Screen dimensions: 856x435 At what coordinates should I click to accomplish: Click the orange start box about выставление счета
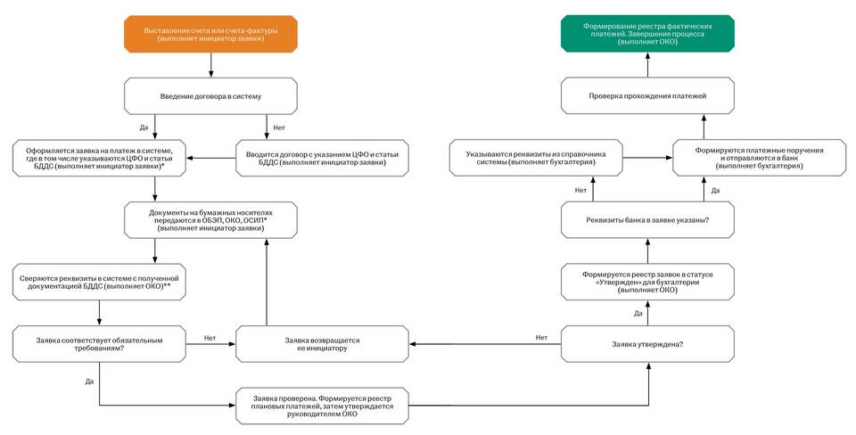pos(210,35)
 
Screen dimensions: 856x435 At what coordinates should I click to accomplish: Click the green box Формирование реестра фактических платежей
pos(647,34)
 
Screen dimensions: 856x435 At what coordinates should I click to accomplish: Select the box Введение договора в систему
pos(210,96)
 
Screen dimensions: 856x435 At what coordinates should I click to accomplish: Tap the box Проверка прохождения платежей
pos(647,95)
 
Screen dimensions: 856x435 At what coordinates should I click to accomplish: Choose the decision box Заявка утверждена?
pos(647,344)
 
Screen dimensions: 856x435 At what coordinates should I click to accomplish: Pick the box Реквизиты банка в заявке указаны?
pos(647,220)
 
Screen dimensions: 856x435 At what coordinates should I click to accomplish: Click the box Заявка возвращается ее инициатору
pos(322,344)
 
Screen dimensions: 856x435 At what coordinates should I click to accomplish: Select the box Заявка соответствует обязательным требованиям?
pos(99,344)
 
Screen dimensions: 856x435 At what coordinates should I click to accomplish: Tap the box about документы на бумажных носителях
pos(210,220)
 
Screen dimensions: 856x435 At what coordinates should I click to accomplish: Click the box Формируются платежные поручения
pos(760,158)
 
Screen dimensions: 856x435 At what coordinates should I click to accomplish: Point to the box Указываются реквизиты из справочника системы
pos(536,158)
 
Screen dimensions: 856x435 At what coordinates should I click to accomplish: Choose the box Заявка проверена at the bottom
pos(322,406)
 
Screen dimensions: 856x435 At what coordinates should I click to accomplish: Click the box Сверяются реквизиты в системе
pos(99,282)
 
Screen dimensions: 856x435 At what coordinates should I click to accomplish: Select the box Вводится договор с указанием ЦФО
pos(322,158)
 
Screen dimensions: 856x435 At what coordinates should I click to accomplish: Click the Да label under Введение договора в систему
pos(144,127)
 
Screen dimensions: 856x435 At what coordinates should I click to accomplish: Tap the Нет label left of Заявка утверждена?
pos(541,337)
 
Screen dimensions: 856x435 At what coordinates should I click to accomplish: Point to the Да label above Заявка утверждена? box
pos(638,313)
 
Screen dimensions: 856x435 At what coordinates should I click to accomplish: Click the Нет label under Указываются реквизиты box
pos(580,190)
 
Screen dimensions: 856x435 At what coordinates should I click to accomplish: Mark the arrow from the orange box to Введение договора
pos(210,65)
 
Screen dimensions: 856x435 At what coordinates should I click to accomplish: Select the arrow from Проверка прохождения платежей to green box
pos(647,64)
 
